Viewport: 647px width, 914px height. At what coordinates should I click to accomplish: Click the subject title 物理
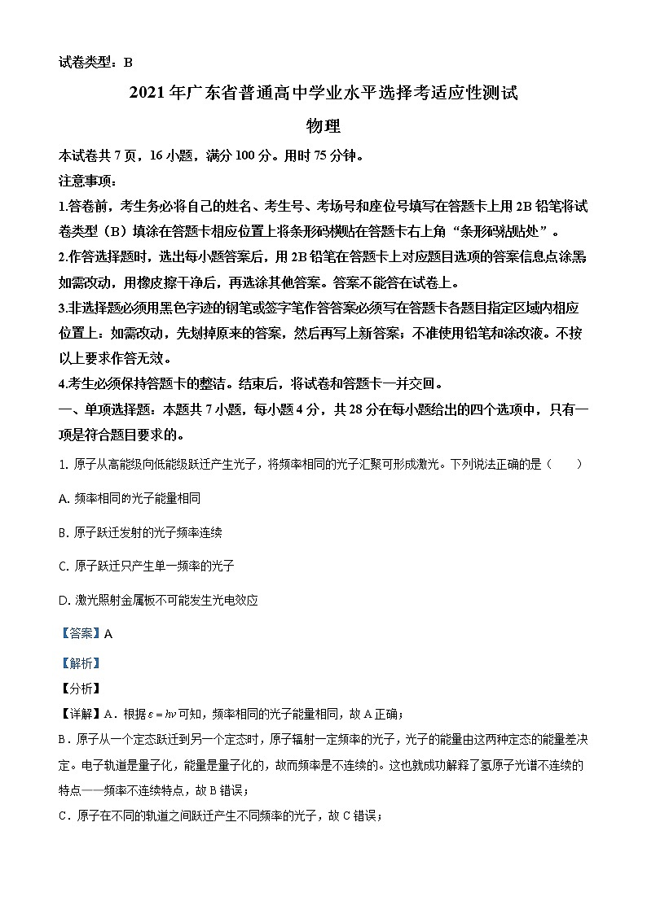click(322, 126)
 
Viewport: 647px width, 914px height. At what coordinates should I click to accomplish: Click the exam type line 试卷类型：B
click(95, 62)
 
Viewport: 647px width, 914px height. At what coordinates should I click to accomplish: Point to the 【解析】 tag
click(80, 663)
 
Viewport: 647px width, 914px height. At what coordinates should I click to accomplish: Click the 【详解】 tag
click(80, 715)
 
